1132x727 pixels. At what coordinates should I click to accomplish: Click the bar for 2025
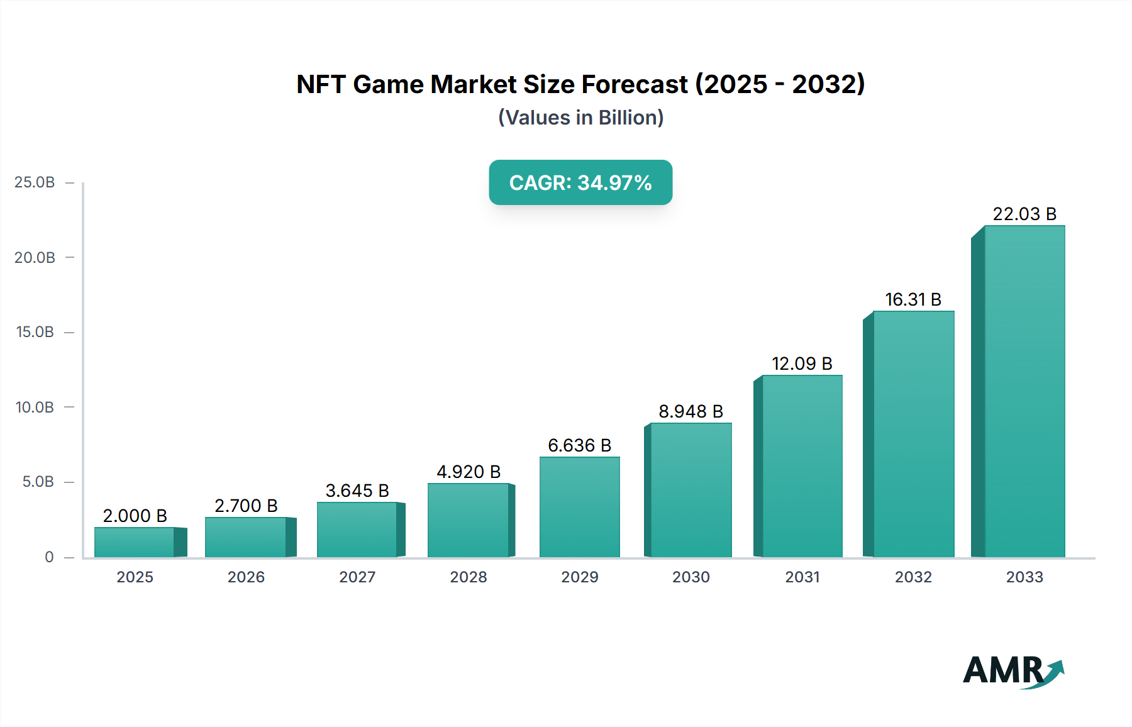pos(135,542)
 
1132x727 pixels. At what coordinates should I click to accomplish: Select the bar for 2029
pos(579,507)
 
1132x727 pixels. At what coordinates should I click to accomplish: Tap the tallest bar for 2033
pos(1024,391)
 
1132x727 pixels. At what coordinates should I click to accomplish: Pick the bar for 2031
pos(801,466)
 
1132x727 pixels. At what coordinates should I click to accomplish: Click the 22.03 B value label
pos(1024,214)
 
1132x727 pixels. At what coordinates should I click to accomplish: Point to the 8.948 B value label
pos(691,411)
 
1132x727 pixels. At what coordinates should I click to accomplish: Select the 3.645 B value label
pos(357,491)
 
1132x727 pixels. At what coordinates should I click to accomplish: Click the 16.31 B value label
pos(913,300)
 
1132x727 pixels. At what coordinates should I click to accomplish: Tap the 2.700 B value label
pos(246,506)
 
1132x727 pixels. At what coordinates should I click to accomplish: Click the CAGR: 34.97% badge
pos(580,182)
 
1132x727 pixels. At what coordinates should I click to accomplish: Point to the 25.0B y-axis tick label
pos(35,182)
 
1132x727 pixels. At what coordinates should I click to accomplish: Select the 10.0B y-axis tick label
pos(35,408)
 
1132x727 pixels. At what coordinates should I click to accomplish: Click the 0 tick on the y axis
pos(49,557)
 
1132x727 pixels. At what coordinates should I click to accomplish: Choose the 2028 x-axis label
pos(468,577)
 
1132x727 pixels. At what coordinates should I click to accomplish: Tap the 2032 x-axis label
pos(913,577)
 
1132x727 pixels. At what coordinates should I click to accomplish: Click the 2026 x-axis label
pos(246,577)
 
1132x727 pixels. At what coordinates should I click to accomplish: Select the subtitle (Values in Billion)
pos(580,118)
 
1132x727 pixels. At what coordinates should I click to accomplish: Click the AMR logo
pos(1013,671)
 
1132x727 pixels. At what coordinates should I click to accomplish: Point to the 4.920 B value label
pos(468,472)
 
